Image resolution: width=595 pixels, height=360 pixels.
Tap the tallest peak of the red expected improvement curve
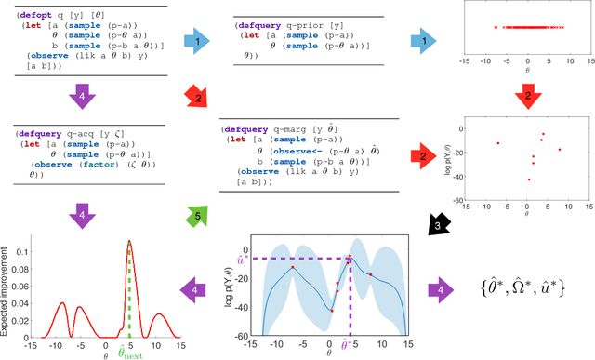tap(129, 242)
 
